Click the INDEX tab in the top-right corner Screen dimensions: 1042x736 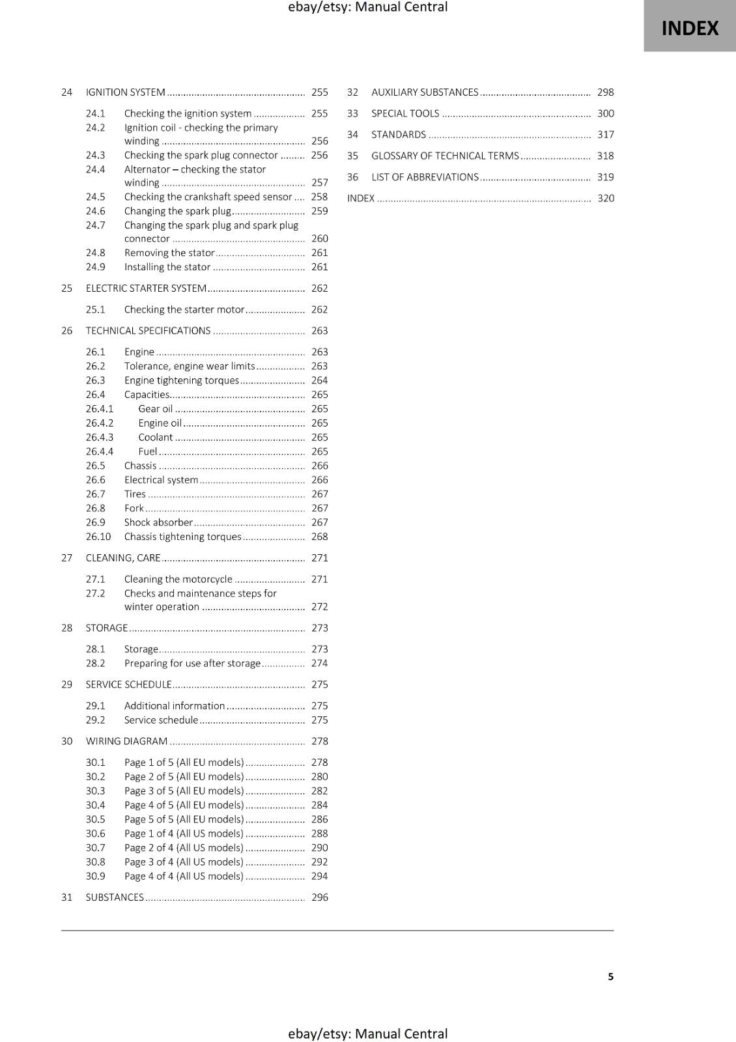click(x=690, y=28)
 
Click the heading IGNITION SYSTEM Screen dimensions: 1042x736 click(x=125, y=92)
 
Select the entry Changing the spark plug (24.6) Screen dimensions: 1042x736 click(x=177, y=211)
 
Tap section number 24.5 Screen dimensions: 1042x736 click(x=95, y=197)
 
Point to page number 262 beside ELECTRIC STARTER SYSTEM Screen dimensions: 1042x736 click(x=319, y=289)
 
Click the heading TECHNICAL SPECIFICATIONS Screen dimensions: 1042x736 click(x=148, y=331)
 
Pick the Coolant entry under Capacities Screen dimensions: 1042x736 click(x=155, y=438)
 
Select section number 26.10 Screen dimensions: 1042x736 click(x=98, y=537)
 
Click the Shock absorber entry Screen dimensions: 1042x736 click(x=158, y=522)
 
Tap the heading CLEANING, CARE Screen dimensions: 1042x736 click(x=122, y=558)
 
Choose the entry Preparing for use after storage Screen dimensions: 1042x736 click(x=192, y=664)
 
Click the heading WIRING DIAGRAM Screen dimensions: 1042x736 click(x=126, y=741)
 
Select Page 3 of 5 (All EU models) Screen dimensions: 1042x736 click(x=184, y=791)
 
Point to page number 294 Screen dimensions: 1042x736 click(x=319, y=877)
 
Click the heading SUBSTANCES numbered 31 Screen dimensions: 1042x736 click(x=115, y=897)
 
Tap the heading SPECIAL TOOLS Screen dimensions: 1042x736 click(x=405, y=113)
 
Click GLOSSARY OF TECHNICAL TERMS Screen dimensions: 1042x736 click(x=445, y=156)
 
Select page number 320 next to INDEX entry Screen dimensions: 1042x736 click(x=605, y=199)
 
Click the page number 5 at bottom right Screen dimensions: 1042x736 click(x=610, y=977)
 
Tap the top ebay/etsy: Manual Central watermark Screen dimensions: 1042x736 click(x=367, y=7)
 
